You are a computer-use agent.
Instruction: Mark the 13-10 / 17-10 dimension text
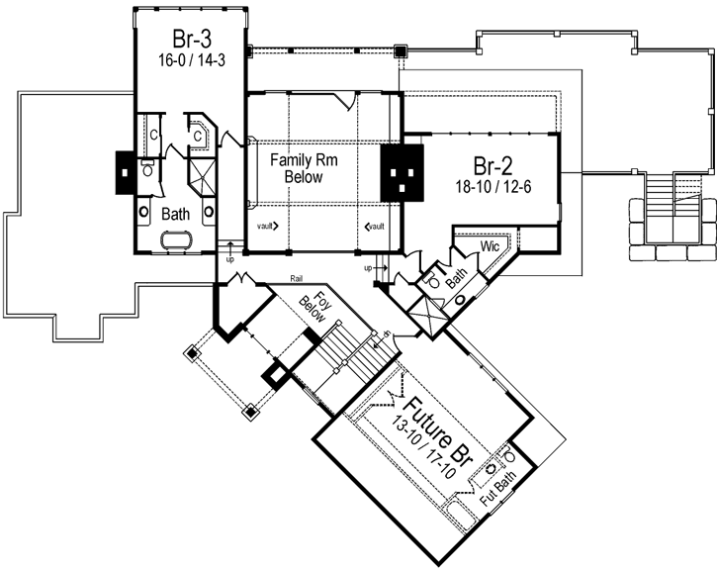tap(422, 441)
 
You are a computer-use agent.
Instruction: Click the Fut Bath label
tap(495, 485)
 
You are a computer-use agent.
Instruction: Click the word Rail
tap(297, 279)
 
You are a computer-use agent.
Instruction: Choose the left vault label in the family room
tap(266, 226)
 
